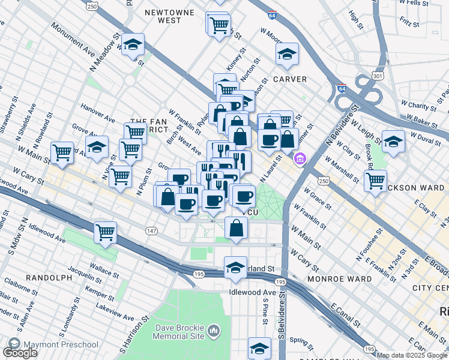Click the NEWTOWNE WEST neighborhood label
(x=169, y=16)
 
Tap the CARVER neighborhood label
(x=291, y=79)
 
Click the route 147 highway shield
(x=152, y=230)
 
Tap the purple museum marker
(x=299, y=159)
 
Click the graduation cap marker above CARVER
(x=288, y=55)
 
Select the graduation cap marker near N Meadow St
(x=133, y=44)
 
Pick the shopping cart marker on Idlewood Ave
(x=106, y=232)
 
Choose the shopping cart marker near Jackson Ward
(x=375, y=179)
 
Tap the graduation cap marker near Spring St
(x=259, y=347)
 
